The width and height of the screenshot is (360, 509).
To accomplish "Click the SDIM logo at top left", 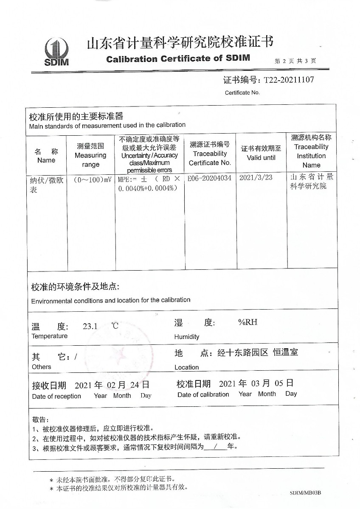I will pos(56,51).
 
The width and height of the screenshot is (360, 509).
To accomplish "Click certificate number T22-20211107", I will pos(289,80).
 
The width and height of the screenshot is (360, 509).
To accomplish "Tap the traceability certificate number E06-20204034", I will pos(210,178).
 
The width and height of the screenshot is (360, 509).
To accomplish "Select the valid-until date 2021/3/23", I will pos(256,178).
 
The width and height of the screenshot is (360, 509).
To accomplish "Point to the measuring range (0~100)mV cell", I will pos(90,179).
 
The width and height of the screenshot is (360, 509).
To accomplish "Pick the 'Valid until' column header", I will pos(261,158).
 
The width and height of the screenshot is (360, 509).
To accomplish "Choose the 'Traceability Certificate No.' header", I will pos(210,158).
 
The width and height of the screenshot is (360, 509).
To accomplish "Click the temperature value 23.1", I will pos(90,327).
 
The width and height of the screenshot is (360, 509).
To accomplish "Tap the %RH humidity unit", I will pos(247,322).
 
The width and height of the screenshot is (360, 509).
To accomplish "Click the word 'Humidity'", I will pos(186,337).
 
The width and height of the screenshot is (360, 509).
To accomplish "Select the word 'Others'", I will pos(41,367).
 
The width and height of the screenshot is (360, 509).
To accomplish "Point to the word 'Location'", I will pos(186,367).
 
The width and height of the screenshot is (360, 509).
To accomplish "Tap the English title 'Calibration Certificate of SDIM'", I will pos(178,59).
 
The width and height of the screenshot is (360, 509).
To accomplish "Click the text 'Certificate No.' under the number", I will pos(242,92).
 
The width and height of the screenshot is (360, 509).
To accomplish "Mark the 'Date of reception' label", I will pos(56,396).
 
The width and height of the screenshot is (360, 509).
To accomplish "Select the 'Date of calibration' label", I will pos(203,394).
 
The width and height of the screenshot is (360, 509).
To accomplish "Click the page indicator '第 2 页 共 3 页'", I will pos(295,61).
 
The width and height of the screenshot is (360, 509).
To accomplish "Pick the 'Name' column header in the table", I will pos(46,160).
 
